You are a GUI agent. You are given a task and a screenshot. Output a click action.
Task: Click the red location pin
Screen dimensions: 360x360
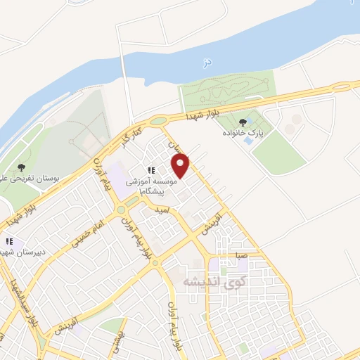tap(181, 166)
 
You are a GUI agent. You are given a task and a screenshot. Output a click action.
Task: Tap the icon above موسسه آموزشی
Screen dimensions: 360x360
tap(150, 169)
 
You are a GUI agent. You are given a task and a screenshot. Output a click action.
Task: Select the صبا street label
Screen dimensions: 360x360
tap(241, 257)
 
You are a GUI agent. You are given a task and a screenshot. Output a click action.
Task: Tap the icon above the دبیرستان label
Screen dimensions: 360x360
tap(9, 241)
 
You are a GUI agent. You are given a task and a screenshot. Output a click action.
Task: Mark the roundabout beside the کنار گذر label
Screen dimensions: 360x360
tap(159, 120)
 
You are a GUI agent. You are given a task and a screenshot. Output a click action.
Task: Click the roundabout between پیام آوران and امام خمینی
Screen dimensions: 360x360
tap(121, 210)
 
